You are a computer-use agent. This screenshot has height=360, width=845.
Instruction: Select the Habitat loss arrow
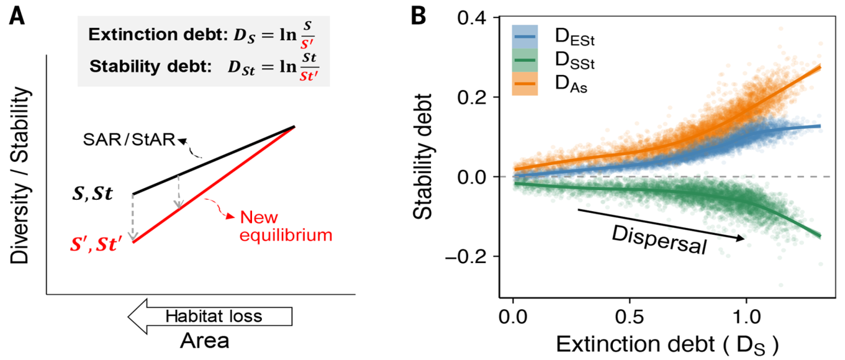(210, 317)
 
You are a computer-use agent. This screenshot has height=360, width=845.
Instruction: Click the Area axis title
(205, 341)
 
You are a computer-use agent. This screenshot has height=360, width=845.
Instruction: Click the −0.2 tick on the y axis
(468, 256)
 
